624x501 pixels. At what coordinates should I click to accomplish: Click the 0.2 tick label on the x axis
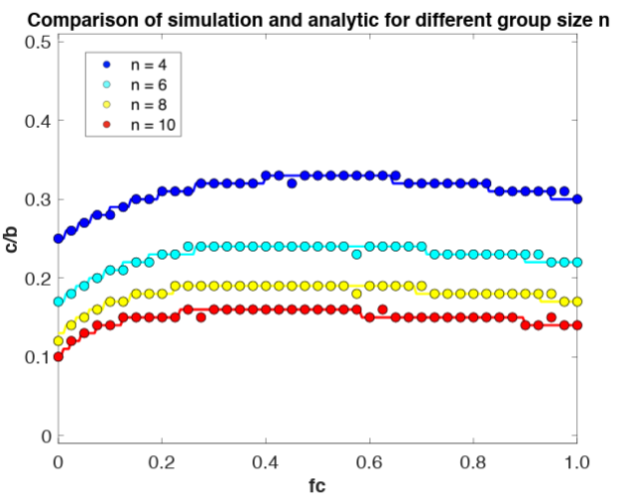click(162, 461)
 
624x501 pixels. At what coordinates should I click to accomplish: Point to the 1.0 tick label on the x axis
click(577, 461)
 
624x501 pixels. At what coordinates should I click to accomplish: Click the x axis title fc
click(316, 488)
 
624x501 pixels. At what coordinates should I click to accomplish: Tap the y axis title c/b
click(13, 239)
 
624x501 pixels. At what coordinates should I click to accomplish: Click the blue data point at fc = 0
click(59, 238)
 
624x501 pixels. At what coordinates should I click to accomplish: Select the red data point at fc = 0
click(59, 356)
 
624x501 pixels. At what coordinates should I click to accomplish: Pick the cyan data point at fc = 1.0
click(577, 262)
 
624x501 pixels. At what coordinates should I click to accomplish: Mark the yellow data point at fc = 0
click(59, 340)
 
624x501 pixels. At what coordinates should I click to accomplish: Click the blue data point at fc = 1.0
click(577, 198)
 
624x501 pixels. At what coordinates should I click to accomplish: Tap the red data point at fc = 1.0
click(577, 324)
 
